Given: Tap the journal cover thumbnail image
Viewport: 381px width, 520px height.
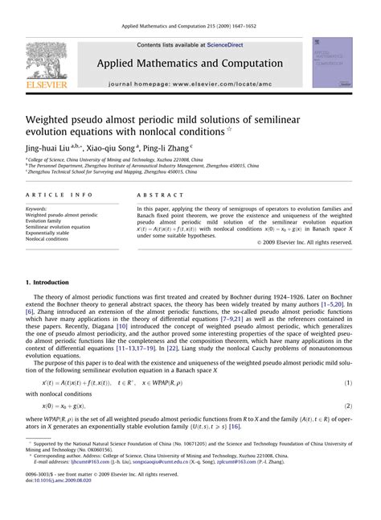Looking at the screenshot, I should [x=333, y=61].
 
